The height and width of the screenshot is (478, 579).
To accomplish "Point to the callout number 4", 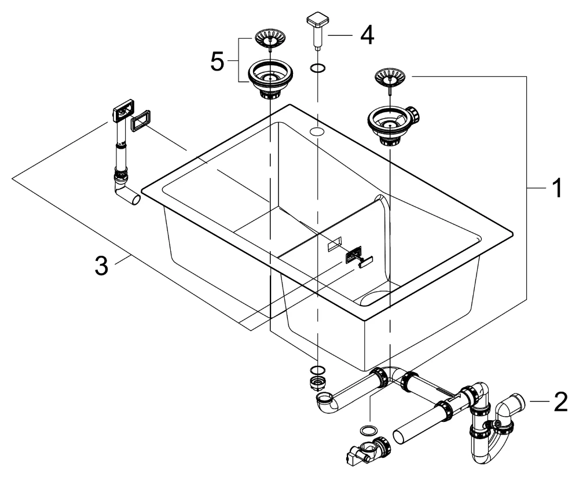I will [x=367, y=35].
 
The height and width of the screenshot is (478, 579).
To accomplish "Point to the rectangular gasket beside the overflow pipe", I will [x=141, y=121].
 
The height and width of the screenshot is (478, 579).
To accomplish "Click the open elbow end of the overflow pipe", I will [x=135, y=199].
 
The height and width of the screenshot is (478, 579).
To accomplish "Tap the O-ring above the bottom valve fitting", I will [x=367, y=430].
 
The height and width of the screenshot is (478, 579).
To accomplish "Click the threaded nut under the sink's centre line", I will [x=318, y=381].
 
